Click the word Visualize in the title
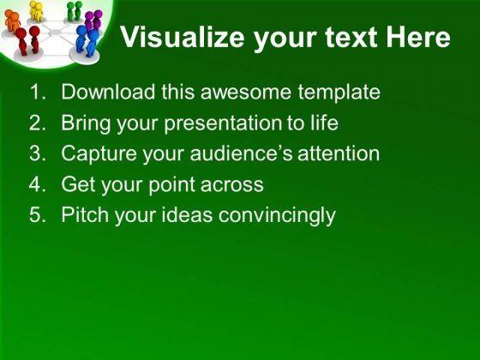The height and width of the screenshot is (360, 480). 183,37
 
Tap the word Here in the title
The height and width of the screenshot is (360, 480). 418,37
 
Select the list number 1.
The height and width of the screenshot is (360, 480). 38,92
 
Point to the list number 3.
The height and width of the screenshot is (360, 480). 38,153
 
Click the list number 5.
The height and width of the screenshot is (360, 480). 38,214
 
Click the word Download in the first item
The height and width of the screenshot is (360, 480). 108,92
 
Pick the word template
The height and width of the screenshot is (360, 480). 339,92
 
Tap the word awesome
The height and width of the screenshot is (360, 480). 246,93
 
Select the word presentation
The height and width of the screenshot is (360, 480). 223,123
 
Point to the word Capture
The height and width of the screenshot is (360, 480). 99,153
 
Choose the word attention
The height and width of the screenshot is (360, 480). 339,153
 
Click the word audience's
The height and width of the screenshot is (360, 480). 241,153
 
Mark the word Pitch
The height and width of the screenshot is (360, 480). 85,214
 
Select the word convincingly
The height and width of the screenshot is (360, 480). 277,215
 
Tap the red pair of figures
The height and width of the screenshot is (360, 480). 27,40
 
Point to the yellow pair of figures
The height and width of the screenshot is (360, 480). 37,11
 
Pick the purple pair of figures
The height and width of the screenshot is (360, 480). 93,21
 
